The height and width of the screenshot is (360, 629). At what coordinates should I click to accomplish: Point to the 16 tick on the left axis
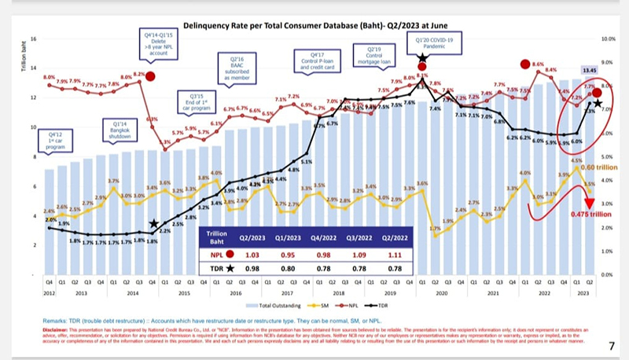coord(34,38)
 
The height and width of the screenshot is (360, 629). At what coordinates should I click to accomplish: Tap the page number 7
coord(611,345)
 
